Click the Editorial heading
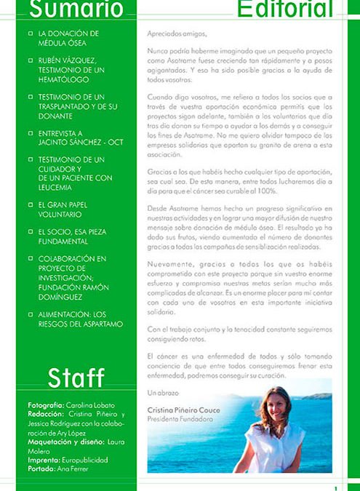[x=284, y=9]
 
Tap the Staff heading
[x=76, y=377]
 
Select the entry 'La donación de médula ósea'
[x=69, y=38]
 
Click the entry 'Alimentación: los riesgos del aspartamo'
[x=80, y=319]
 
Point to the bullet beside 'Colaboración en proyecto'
[x=30, y=258]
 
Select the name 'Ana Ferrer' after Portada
[x=73, y=469]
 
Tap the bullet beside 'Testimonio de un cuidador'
[x=30, y=159]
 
